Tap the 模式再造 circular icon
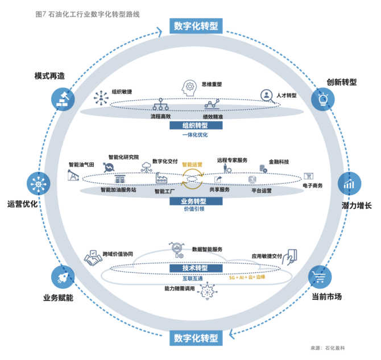63,98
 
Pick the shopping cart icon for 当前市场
320,276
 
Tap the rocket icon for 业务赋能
63,276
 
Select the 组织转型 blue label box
194,125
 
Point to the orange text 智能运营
192,164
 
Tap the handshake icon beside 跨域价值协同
93,258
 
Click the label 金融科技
278,162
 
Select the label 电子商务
312,186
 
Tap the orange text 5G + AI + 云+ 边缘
247,278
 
